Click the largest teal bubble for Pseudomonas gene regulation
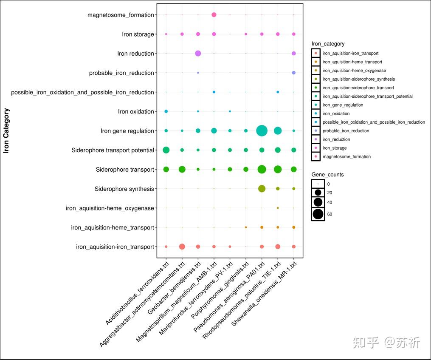point(262,130)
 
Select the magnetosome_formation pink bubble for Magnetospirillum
point(214,15)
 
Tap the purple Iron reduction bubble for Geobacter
point(198,53)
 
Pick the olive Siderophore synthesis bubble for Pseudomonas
point(262,189)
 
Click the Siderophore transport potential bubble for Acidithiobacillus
point(166,150)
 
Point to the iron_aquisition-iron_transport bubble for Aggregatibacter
point(182,247)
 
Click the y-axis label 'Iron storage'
point(138,34)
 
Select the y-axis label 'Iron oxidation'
point(136,112)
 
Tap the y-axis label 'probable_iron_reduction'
point(121,73)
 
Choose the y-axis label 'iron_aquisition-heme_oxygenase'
point(110,208)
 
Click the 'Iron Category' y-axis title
point(6,130)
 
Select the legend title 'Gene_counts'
point(327,175)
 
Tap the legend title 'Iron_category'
point(328,44)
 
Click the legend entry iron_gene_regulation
point(343,105)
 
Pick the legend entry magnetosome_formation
point(346,156)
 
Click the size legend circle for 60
point(318,214)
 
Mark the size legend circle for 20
point(318,193)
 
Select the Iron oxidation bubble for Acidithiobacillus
point(166,111)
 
